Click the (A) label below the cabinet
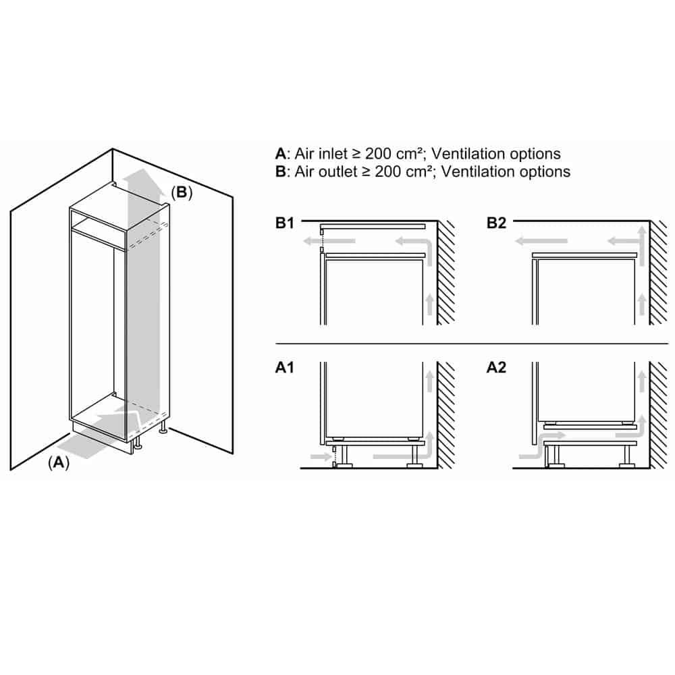(59, 463)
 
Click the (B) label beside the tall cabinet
(181, 192)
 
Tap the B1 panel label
(285, 223)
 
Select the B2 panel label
(496, 223)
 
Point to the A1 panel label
(285, 368)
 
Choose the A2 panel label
(496, 368)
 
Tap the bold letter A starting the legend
(281, 154)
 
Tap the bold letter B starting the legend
(281, 171)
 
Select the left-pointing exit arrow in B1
(329, 241)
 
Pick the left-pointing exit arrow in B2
(541, 241)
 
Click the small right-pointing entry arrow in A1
(320, 456)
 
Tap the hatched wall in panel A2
(658, 415)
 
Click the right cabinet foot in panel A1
(414, 457)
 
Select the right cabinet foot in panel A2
(626, 457)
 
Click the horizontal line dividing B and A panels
(472, 344)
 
